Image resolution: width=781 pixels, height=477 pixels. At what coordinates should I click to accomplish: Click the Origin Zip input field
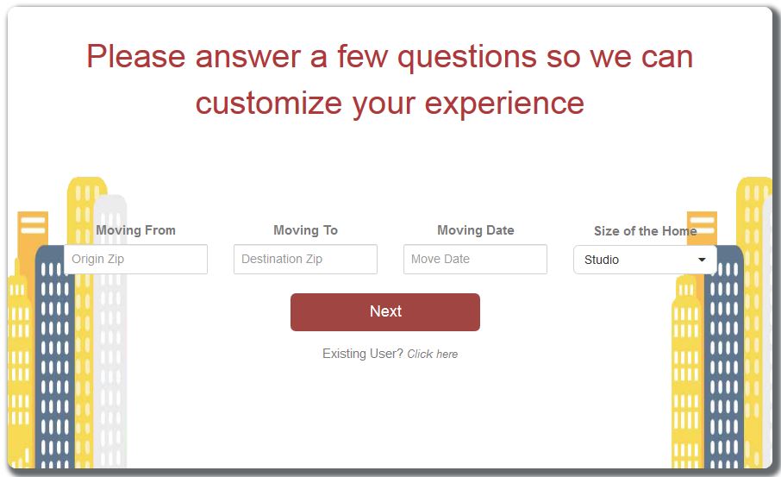[x=135, y=259]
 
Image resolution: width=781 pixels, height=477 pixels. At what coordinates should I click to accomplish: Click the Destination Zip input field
[x=305, y=259]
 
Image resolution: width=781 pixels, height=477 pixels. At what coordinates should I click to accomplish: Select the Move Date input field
[x=475, y=259]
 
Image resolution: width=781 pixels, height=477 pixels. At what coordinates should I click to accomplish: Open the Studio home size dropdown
[x=645, y=260]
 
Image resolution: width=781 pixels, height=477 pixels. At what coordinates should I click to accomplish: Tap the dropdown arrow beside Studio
[x=702, y=260]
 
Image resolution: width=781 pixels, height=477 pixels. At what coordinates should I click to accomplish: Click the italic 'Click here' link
[x=433, y=354]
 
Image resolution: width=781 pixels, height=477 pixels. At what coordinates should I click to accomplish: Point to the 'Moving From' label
[x=135, y=230]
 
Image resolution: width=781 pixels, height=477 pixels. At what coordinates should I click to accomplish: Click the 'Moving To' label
[x=305, y=230]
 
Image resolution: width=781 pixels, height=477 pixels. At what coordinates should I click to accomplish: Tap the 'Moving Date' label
[x=476, y=230]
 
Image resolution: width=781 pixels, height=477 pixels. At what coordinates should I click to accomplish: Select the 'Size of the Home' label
[x=646, y=231]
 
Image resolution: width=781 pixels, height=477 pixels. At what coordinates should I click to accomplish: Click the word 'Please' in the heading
[x=136, y=56]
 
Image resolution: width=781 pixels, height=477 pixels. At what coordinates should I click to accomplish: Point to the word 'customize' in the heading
[x=269, y=104]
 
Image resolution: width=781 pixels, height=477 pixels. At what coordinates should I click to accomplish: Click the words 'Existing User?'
[x=363, y=354]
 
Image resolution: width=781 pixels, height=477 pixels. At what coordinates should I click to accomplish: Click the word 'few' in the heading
[x=363, y=56]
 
